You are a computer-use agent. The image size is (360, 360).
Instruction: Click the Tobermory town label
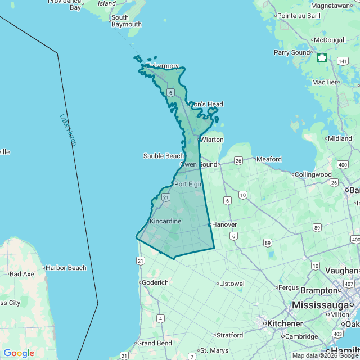click(x=163, y=66)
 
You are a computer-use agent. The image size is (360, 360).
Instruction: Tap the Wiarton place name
click(x=212, y=139)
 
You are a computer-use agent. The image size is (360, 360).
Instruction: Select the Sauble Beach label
click(x=163, y=156)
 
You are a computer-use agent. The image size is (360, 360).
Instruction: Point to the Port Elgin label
click(x=188, y=184)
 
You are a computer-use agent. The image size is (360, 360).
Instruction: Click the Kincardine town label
click(x=165, y=221)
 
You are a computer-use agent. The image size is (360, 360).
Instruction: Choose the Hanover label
click(x=224, y=224)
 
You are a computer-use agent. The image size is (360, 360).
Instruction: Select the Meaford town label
click(x=269, y=159)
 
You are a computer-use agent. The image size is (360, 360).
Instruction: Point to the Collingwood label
click(x=313, y=174)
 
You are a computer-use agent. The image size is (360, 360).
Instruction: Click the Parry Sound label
click(x=292, y=52)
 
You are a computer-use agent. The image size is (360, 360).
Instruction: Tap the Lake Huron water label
click(x=68, y=130)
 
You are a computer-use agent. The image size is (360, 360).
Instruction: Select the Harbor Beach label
click(x=66, y=268)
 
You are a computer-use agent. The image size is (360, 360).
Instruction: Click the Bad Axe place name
click(x=22, y=274)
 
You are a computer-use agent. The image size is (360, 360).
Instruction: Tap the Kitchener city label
click(x=285, y=324)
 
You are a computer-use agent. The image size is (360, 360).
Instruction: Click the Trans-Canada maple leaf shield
click(x=322, y=57)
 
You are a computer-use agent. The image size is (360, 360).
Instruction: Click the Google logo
click(x=19, y=353)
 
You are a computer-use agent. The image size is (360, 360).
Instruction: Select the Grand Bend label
click(x=155, y=343)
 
